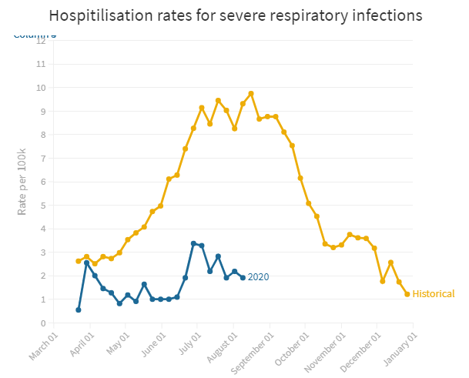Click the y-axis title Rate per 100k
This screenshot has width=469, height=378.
coord(22,182)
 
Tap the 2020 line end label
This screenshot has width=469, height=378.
coord(259,277)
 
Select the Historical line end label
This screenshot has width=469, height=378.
coord(434,294)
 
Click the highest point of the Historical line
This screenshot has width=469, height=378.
coord(251,94)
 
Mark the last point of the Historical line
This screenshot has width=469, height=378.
coord(407,294)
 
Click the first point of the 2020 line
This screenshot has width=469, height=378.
coord(79,309)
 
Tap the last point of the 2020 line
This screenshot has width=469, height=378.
coord(243,277)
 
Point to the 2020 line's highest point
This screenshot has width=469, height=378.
coord(193,243)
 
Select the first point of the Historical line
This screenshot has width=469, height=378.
coord(79,261)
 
